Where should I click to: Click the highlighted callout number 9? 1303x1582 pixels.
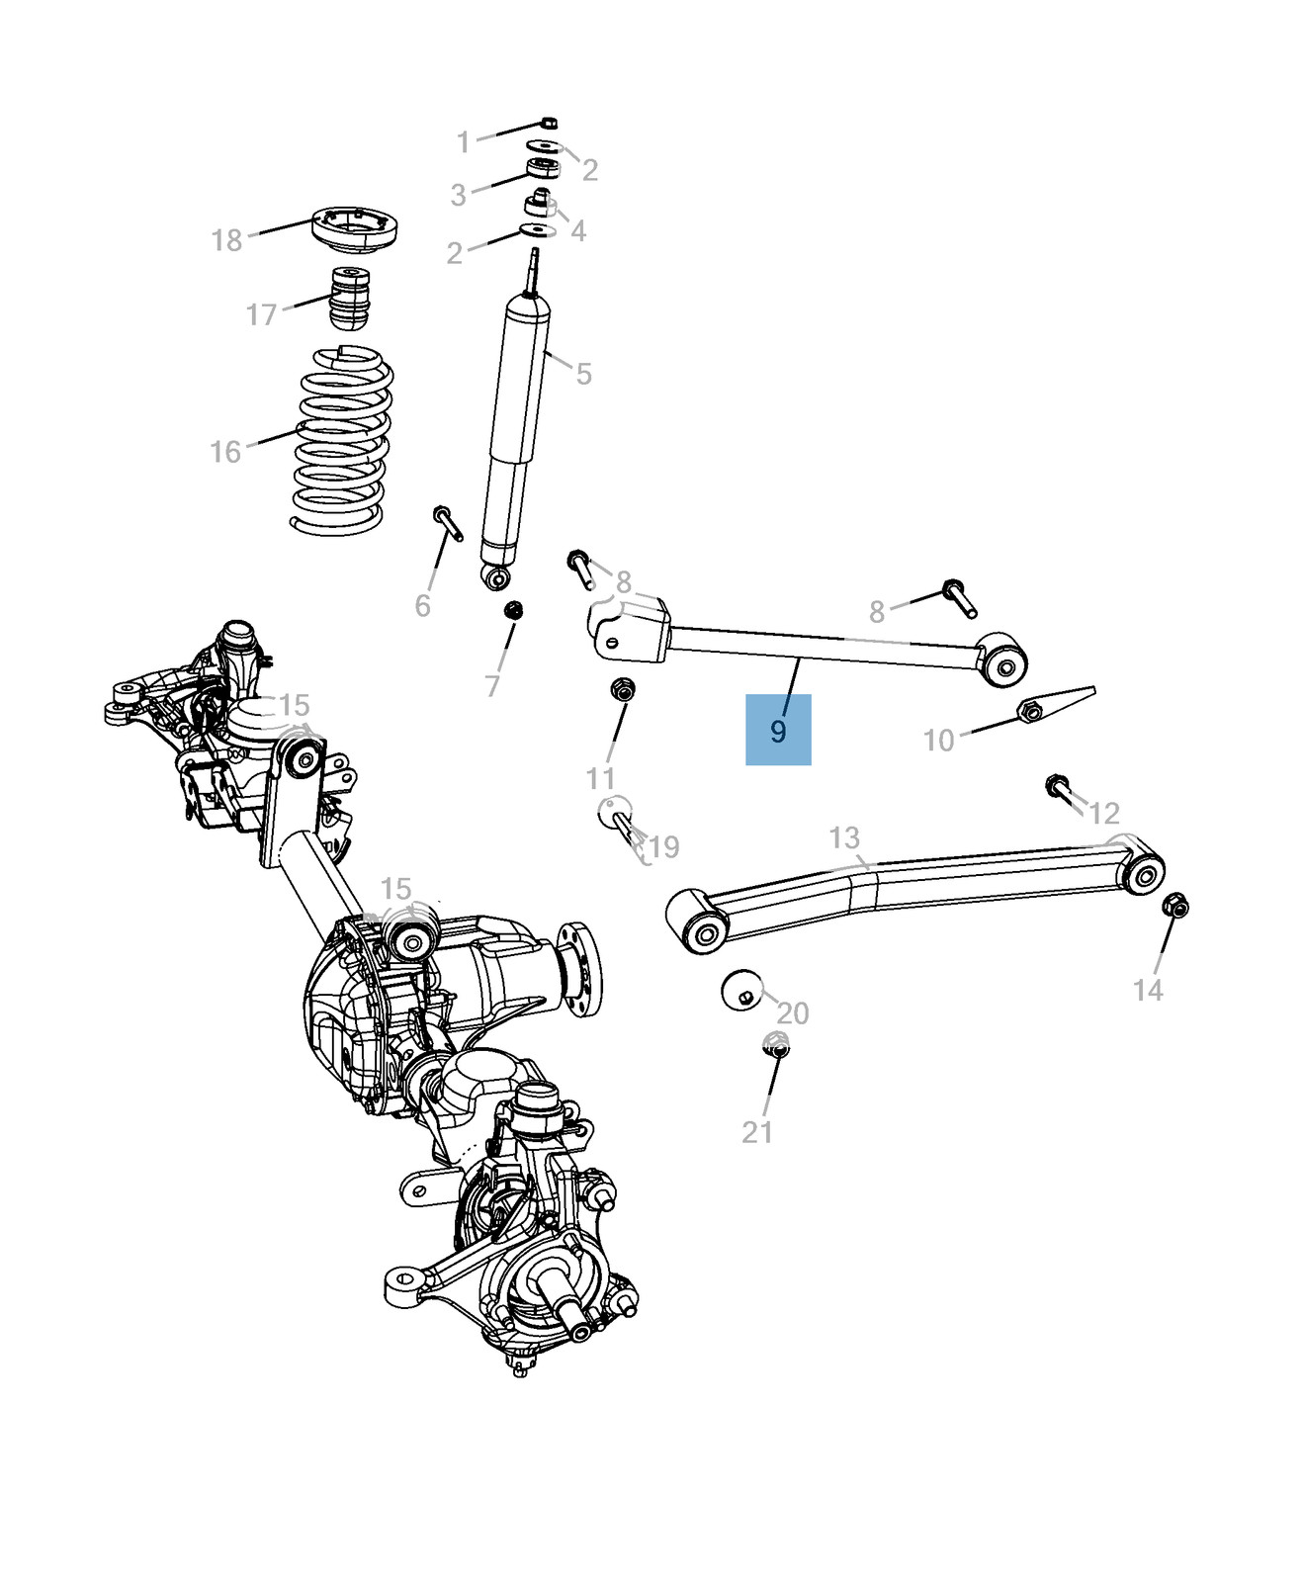point(778,731)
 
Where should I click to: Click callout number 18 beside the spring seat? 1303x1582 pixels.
point(226,240)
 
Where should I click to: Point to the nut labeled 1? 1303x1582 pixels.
point(550,124)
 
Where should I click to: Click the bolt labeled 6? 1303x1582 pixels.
point(446,521)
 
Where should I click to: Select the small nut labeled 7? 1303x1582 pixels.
point(513,610)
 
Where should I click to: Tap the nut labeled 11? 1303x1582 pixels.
point(623,689)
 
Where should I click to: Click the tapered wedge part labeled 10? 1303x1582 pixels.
point(1055,705)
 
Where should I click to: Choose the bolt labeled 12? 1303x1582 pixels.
point(1058,788)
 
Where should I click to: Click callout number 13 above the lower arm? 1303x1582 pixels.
point(844,838)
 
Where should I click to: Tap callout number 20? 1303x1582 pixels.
point(793,1013)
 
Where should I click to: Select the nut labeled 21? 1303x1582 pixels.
point(776,1044)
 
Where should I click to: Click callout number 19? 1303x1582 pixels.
point(664,847)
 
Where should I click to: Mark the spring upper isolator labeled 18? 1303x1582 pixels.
point(355,229)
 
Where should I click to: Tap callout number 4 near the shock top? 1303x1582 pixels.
point(578,230)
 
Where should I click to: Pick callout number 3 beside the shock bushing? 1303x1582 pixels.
point(458,195)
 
